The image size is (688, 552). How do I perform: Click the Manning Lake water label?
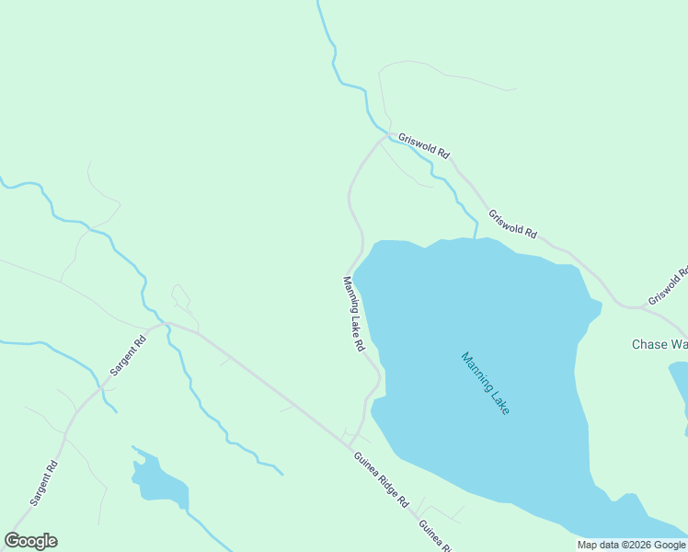coord(485,383)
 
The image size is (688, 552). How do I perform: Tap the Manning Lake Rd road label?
coord(354,315)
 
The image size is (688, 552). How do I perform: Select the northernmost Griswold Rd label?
coord(423,146)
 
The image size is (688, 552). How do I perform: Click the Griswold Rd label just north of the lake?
coord(512,224)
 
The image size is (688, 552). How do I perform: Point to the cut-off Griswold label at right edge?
coord(669,286)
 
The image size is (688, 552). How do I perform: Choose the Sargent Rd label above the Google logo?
coord(44,484)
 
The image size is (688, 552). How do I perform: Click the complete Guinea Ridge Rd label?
coord(379,479)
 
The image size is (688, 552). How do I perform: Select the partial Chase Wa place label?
coord(659,345)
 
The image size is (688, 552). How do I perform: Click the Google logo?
coord(30,541)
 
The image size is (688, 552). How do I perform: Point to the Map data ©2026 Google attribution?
coord(631,545)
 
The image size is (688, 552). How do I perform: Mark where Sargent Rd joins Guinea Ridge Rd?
coord(164,323)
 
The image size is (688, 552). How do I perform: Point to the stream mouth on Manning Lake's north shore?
coord(476,236)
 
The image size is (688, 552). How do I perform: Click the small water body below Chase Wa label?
coord(679,386)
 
